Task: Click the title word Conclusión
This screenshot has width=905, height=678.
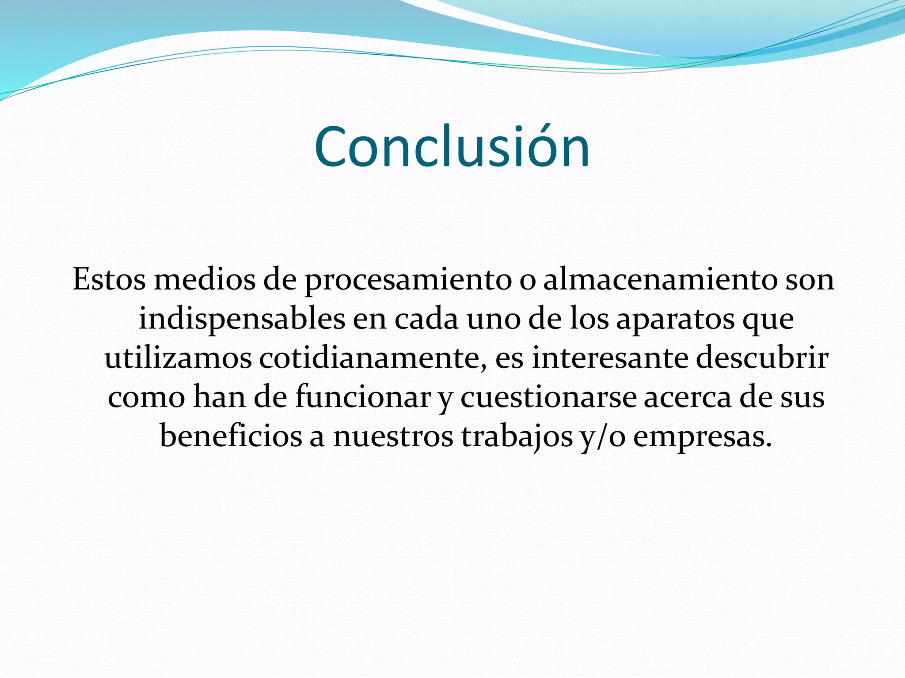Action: point(452,147)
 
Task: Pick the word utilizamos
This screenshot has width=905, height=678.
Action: point(178,358)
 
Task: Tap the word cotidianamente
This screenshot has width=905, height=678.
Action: point(373,358)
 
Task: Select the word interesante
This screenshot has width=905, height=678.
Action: point(610,358)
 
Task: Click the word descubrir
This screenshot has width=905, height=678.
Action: point(762,358)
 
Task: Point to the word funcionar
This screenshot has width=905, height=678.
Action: point(363,397)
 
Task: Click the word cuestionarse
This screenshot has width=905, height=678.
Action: point(548,397)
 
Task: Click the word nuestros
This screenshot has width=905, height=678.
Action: point(393,436)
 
